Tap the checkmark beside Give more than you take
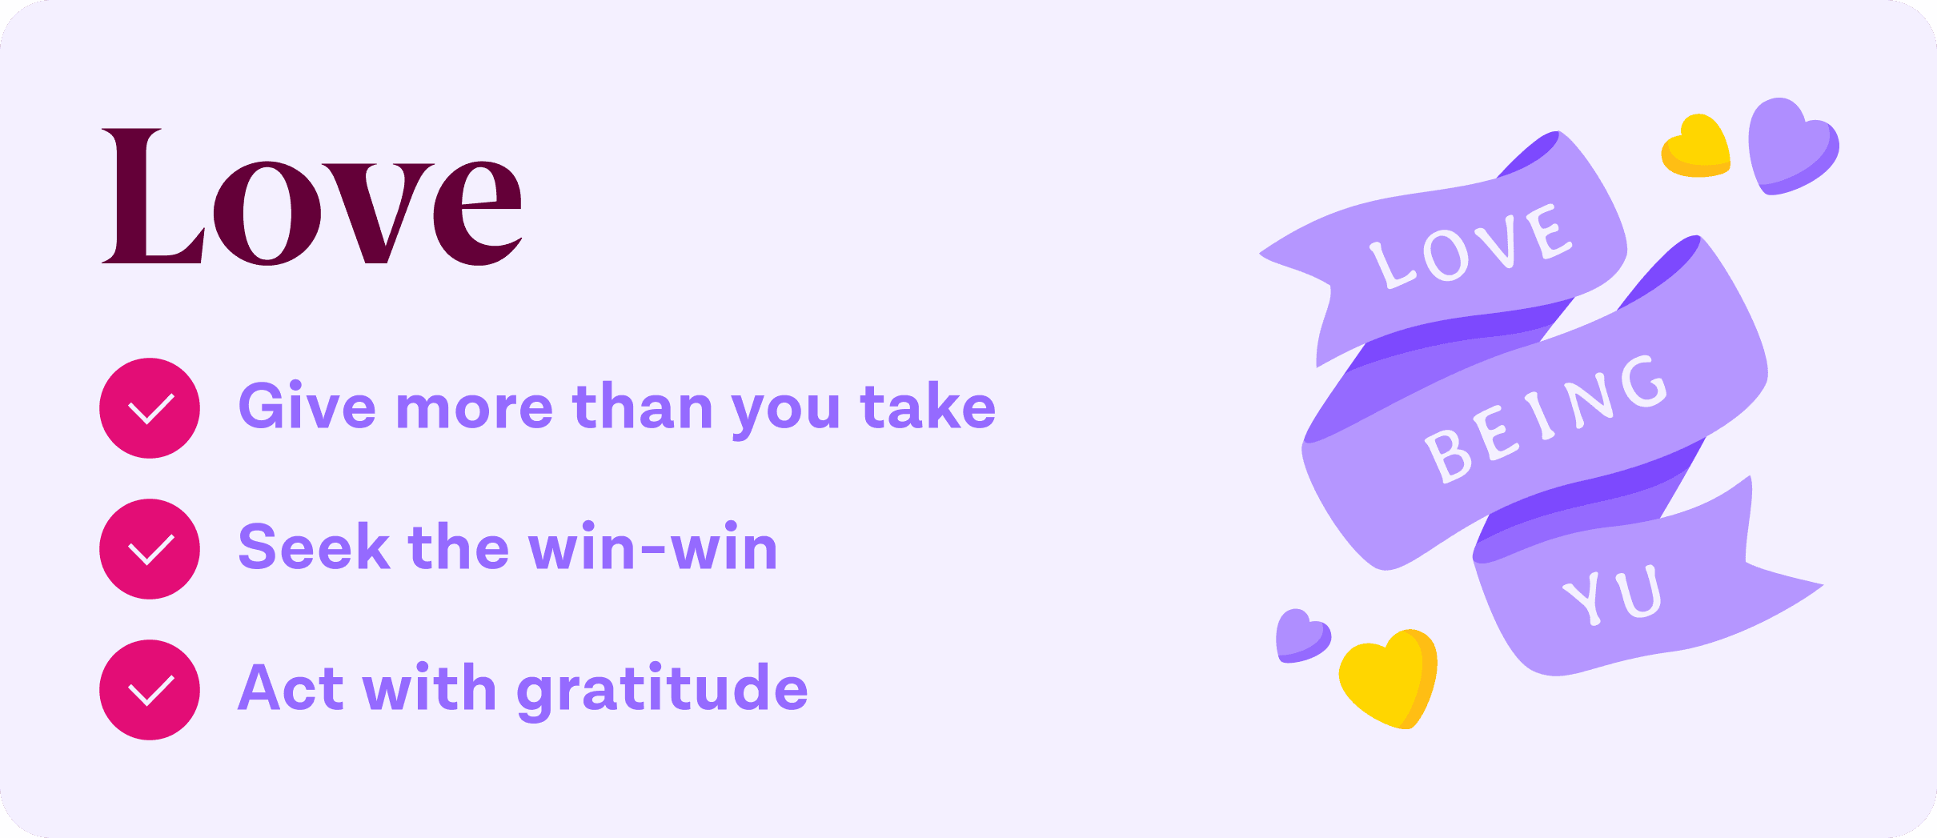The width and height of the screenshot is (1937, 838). click(150, 408)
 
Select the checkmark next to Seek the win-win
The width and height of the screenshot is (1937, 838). click(150, 549)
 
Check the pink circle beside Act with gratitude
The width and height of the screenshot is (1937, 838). click(150, 690)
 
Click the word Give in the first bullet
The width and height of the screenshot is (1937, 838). click(307, 407)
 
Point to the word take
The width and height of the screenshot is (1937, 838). click(928, 407)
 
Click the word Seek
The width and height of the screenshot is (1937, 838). click(314, 547)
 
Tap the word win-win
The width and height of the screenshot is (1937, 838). click(652, 547)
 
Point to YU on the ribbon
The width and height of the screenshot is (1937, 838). click(1614, 593)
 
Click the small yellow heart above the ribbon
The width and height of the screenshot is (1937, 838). click(1697, 147)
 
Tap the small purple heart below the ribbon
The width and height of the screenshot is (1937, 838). click(1301, 636)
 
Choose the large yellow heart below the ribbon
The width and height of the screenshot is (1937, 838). click(1390, 679)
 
